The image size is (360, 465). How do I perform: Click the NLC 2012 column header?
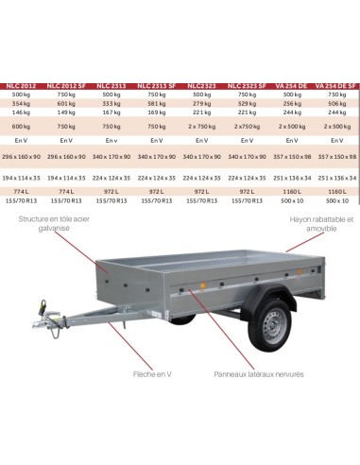[x=23, y=85]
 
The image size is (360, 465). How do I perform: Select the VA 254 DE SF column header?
[x=336, y=85]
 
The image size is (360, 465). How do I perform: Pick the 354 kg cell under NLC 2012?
[x=23, y=104]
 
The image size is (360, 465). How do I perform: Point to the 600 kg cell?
[x=23, y=126]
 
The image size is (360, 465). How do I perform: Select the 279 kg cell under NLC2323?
[x=202, y=104]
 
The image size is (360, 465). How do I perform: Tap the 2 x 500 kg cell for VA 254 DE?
[x=292, y=126]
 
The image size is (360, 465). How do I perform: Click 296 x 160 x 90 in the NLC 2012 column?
[x=23, y=155]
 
